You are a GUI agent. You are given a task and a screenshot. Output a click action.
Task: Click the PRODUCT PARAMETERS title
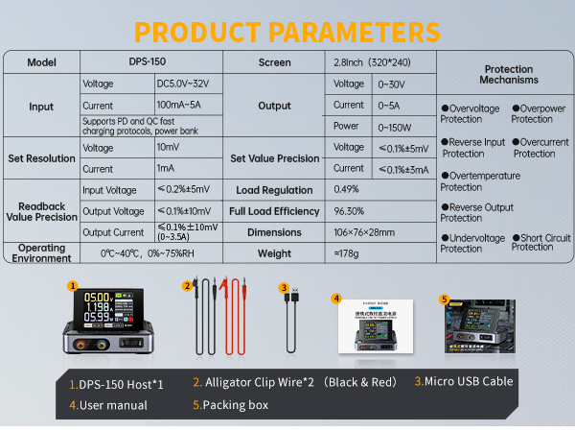(x=287, y=30)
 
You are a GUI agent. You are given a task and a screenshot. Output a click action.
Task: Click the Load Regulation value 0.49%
(x=347, y=189)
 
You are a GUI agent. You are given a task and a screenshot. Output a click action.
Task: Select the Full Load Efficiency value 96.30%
(x=351, y=211)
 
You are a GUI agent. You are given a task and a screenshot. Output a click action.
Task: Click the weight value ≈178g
(x=347, y=253)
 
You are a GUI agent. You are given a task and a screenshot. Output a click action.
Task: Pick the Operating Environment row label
(x=42, y=253)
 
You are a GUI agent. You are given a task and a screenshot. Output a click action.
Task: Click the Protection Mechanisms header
(x=510, y=74)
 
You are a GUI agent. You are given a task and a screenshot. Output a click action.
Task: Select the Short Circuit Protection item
(x=542, y=242)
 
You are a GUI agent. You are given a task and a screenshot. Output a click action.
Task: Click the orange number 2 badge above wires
(x=188, y=285)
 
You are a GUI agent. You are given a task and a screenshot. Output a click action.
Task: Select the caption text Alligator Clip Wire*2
(x=253, y=382)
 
